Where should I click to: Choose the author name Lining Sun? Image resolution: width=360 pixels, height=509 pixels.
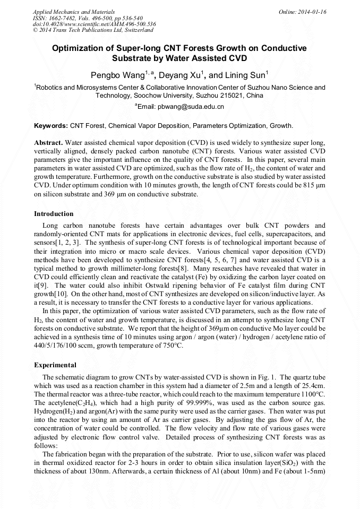(x=246, y=75)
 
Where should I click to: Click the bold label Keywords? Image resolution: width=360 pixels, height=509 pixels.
(x=51, y=126)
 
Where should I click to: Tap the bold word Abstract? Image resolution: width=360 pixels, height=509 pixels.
(x=48, y=143)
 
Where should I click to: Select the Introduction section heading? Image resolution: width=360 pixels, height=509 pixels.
(x=54, y=214)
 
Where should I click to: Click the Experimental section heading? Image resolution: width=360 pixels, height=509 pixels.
(x=55, y=365)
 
